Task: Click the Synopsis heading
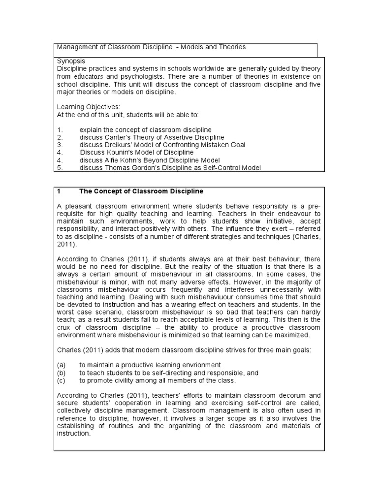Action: click(x=71, y=61)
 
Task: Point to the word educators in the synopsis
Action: click(x=89, y=77)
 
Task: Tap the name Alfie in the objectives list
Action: click(x=114, y=160)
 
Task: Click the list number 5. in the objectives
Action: click(x=60, y=168)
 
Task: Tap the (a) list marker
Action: click(x=62, y=365)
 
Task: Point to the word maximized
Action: click(x=292, y=336)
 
